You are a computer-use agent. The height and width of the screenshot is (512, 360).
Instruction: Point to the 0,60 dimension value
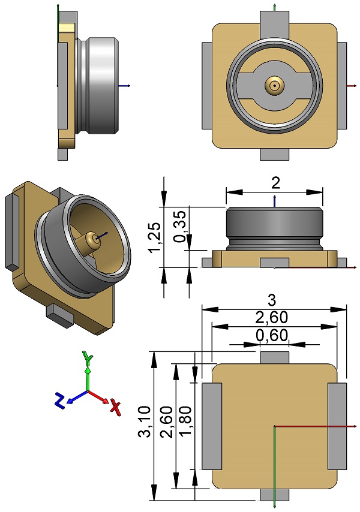[272, 336]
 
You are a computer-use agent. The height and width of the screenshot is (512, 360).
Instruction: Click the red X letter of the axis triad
[115, 408]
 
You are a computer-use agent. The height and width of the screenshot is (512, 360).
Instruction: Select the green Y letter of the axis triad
[88, 359]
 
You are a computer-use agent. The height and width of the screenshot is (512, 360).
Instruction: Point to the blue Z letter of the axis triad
[59, 400]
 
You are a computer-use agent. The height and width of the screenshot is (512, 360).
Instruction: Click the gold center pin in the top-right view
[275, 86]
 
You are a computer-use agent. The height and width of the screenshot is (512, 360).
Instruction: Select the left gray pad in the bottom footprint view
[212, 426]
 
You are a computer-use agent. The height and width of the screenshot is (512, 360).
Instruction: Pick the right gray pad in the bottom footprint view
[337, 426]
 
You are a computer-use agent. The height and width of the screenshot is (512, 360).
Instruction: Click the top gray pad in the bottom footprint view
[274, 357]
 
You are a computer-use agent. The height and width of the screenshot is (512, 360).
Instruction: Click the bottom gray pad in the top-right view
[275, 154]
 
